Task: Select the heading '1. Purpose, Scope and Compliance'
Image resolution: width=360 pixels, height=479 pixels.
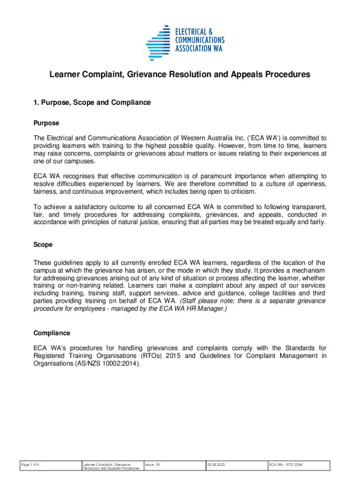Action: point(92,102)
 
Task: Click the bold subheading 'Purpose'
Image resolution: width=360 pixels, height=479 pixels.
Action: point(46,123)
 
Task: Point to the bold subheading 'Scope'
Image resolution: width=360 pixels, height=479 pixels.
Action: point(43,245)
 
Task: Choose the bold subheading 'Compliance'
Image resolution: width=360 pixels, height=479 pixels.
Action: point(52,333)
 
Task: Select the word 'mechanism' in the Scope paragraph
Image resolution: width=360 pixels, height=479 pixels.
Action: point(307,270)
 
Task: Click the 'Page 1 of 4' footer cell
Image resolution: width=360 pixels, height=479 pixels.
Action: point(32,464)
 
